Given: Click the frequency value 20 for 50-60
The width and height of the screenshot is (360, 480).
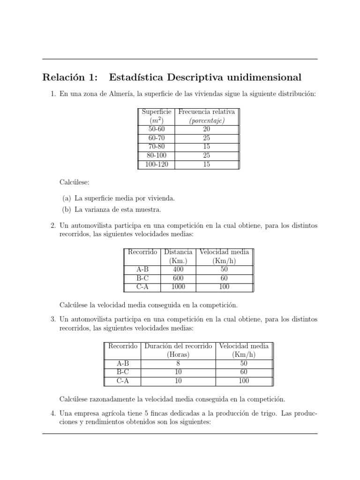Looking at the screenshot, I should point(206,129).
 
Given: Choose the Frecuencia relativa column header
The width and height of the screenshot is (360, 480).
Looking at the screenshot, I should point(206,112).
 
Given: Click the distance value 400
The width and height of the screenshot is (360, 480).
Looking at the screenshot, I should point(179,270).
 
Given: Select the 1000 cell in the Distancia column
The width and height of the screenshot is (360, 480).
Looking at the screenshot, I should point(179,287).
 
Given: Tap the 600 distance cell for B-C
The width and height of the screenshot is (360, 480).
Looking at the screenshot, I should point(179,278).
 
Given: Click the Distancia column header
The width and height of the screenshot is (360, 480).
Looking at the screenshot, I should point(179,252).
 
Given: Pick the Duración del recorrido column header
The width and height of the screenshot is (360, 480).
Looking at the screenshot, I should point(178,346).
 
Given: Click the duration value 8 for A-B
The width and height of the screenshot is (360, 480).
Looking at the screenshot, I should point(178,363).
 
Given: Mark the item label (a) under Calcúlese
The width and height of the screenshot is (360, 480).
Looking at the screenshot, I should point(67,199).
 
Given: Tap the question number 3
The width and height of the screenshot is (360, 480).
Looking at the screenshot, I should point(53,319).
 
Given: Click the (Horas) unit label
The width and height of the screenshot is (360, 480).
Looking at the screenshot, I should point(178,354).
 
